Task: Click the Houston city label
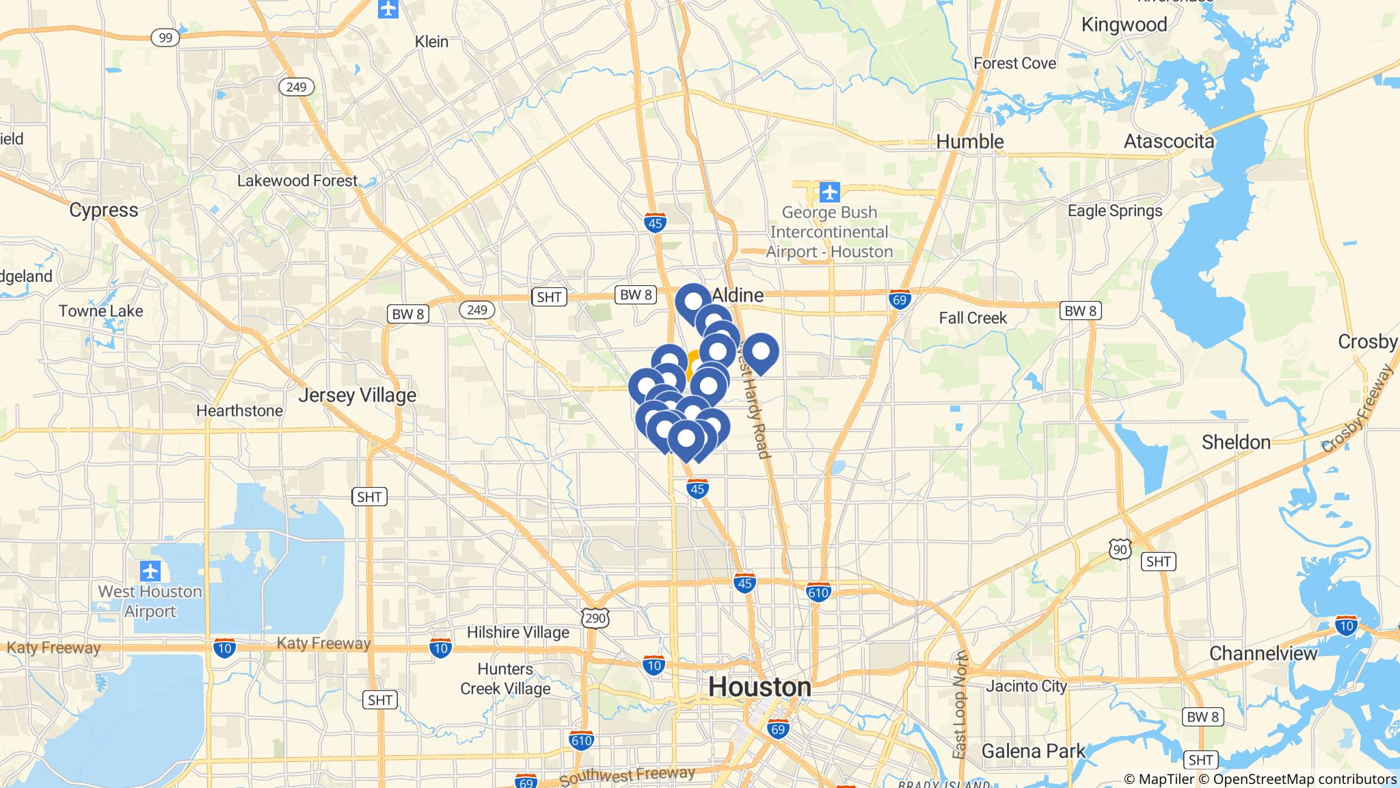(x=759, y=687)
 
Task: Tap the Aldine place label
(x=738, y=295)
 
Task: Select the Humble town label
(x=969, y=142)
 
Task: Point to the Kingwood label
(x=1124, y=25)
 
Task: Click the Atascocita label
(x=1169, y=142)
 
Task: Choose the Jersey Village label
(x=357, y=395)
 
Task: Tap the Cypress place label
(x=103, y=210)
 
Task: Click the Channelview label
(x=1263, y=653)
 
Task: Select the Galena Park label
(x=1033, y=751)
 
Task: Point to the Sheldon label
(x=1236, y=442)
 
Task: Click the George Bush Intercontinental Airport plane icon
(x=829, y=192)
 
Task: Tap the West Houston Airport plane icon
(x=150, y=570)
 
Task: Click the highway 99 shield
(x=165, y=38)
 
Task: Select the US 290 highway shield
(x=595, y=618)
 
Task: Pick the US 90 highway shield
(x=1120, y=549)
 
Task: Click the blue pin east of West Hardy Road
(x=760, y=352)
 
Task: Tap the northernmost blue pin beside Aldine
(x=693, y=302)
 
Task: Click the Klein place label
(x=431, y=42)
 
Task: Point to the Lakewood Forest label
(x=297, y=181)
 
